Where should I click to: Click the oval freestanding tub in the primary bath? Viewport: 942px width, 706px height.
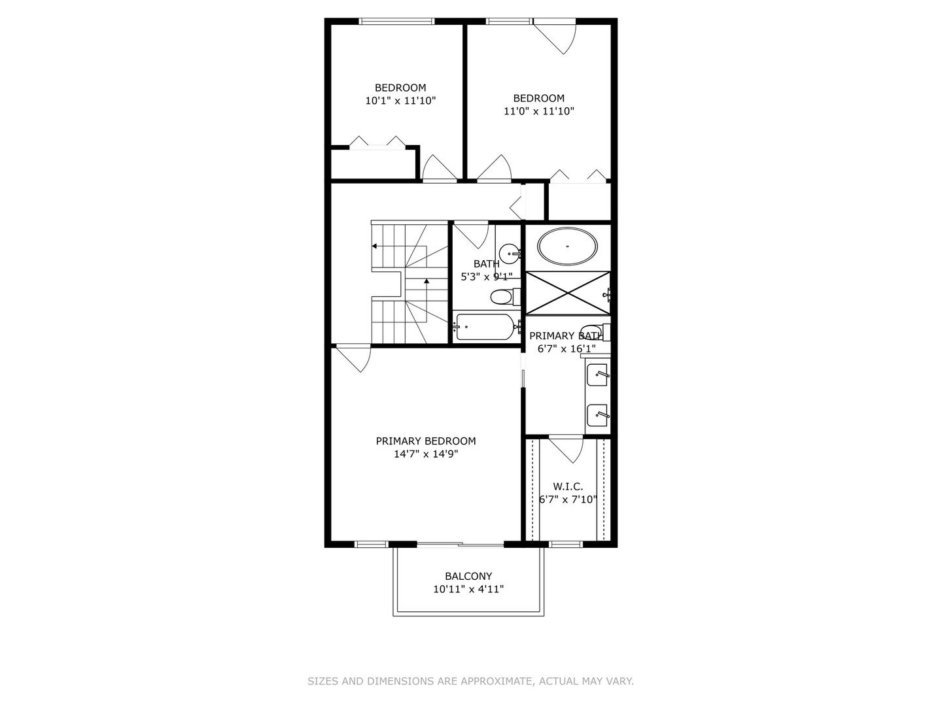coord(567,246)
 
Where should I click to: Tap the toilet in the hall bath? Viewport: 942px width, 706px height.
coord(506,297)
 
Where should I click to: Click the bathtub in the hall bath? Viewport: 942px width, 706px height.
coord(485,327)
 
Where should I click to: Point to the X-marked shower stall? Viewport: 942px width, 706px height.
coord(568,294)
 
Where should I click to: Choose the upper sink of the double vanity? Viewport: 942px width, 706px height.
coord(598,375)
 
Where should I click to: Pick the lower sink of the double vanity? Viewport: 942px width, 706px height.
coord(598,415)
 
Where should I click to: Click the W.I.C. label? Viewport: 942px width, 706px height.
coord(568,486)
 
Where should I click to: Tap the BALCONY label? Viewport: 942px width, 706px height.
coord(468,576)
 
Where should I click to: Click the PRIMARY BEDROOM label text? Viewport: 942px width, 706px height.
coord(426,441)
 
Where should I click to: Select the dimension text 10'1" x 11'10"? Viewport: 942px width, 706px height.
coord(400,101)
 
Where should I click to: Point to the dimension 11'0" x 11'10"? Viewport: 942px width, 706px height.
coord(538,111)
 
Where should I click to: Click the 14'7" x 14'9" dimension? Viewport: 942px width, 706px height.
coord(426,454)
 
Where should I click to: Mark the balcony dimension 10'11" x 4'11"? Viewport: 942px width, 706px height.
coord(468,589)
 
